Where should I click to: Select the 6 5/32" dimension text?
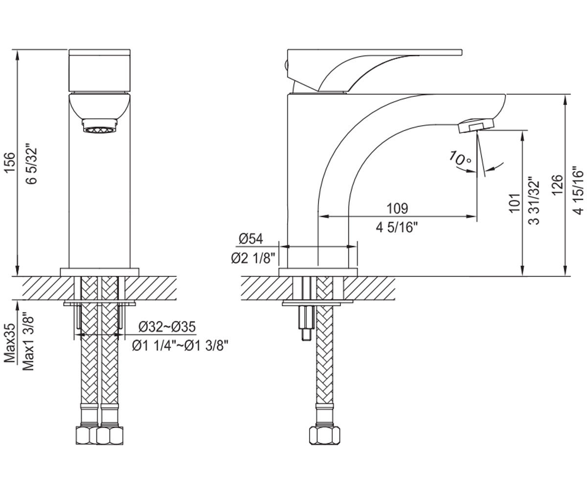[31, 164]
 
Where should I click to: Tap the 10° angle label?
[460, 159]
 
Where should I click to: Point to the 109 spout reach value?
[397, 208]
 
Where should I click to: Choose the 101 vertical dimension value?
[515, 203]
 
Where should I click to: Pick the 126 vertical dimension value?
[558, 185]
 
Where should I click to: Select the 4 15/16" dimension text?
[579, 189]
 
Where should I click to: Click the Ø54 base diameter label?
[251, 239]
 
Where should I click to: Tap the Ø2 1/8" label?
[253, 258]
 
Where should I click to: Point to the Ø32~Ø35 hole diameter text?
[167, 327]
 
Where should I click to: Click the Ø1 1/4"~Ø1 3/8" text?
[180, 345]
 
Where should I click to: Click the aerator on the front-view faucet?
[100, 126]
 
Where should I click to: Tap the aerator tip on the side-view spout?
[475, 126]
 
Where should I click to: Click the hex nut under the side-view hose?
[324, 435]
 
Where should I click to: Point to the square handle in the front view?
[99, 70]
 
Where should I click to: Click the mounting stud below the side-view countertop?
[306, 323]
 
